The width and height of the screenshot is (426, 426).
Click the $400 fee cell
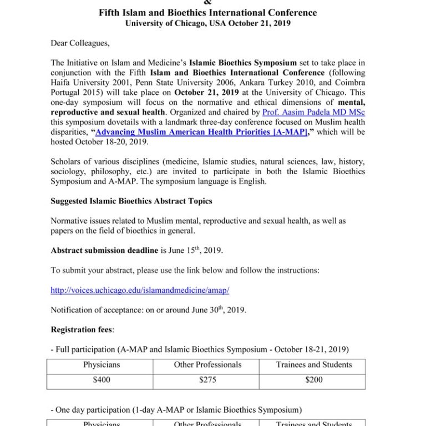(x=102, y=380)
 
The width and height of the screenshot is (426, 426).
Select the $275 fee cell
(x=207, y=380)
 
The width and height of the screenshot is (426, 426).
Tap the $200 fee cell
(x=314, y=380)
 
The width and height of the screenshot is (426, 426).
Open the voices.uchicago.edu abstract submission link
(x=140, y=290)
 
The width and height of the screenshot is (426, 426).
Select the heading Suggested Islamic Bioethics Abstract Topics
(x=131, y=201)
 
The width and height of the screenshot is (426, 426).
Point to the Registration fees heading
(x=83, y=329)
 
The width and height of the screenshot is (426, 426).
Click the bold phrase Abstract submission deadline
(x=104, y=250)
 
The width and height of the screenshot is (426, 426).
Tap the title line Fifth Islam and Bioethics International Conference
(x=208, y=12)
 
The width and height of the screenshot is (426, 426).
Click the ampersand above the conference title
(x=208, y=2)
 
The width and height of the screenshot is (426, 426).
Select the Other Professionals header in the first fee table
(x=207, y=365)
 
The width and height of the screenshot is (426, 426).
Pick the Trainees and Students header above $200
(x=314, y=365)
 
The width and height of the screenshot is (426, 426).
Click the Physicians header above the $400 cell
(x=102, y=365)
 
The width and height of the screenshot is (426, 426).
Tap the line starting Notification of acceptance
(x=148, y=310)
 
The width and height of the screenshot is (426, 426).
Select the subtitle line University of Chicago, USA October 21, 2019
(x=208, y=23)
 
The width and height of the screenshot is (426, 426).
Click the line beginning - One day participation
(x=176, y=410)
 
